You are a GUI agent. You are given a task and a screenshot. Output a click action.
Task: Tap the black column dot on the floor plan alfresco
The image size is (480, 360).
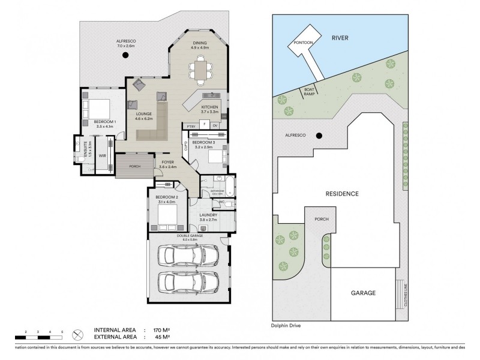point(125,55)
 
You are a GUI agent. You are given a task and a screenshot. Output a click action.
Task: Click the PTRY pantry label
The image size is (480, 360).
point(191,126)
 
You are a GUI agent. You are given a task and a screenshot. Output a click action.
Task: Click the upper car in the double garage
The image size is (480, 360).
point(187,256)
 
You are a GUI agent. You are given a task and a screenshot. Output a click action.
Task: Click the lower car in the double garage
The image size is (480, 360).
point(187,282)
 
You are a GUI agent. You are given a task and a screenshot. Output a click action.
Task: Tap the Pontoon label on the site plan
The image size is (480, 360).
point(302,43)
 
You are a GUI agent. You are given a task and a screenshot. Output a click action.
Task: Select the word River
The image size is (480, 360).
point(340,38)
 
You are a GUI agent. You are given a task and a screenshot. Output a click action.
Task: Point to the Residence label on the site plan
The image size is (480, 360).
point(342,194)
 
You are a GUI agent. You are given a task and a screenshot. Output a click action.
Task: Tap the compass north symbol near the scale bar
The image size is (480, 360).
point(76,334)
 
